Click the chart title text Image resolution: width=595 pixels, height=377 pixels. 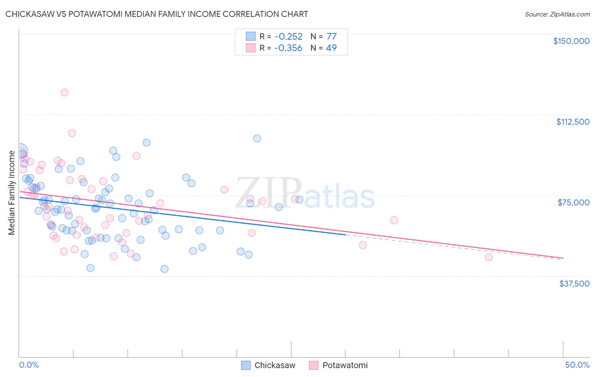[157, 14]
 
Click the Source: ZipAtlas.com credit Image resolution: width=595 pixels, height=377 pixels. [557, 14]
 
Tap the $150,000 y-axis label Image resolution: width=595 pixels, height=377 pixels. [571, 41]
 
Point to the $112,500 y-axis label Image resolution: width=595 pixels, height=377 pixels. [573, 122]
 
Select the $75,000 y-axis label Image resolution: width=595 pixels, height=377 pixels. [573, 202]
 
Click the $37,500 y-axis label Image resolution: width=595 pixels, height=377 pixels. [574, 284]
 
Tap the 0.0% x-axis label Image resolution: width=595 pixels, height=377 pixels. [29, 365]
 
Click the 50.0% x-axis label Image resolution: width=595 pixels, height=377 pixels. [577, 365]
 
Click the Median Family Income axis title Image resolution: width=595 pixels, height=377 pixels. [11, 193]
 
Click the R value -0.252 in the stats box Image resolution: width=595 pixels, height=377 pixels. [288, 36]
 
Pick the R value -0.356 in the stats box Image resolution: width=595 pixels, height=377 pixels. [288, 48]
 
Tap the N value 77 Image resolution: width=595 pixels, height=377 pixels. [331, 36]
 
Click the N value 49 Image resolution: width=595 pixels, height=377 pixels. [331, 48]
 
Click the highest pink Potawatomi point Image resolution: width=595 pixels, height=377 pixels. [64, 92]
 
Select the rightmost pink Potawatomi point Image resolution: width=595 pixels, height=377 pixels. [488, 257]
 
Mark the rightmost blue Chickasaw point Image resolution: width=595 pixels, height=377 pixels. [299, 199]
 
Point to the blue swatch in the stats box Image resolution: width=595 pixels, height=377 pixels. [251, 36]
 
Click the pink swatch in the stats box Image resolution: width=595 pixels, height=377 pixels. [251, 48]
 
